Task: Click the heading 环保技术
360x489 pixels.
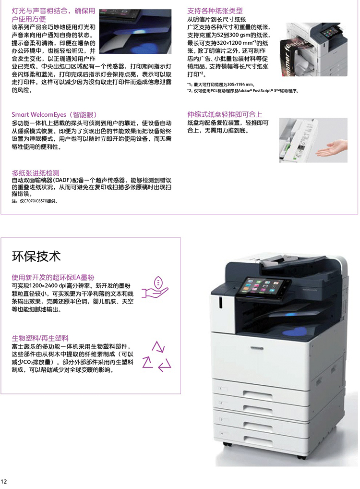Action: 36,257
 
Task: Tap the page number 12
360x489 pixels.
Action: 4,481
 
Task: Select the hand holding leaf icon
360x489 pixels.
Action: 155,287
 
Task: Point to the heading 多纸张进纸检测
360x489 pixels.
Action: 35,173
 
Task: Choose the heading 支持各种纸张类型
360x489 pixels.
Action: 215,11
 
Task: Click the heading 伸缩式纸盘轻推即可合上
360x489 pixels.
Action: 225,114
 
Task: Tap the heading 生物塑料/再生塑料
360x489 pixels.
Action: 40,338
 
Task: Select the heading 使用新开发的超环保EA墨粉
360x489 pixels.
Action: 53,277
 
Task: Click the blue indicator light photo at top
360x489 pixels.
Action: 135,32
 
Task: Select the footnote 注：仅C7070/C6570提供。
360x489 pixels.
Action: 34,201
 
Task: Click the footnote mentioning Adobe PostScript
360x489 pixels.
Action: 242,91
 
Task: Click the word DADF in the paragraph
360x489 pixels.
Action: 63,180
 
